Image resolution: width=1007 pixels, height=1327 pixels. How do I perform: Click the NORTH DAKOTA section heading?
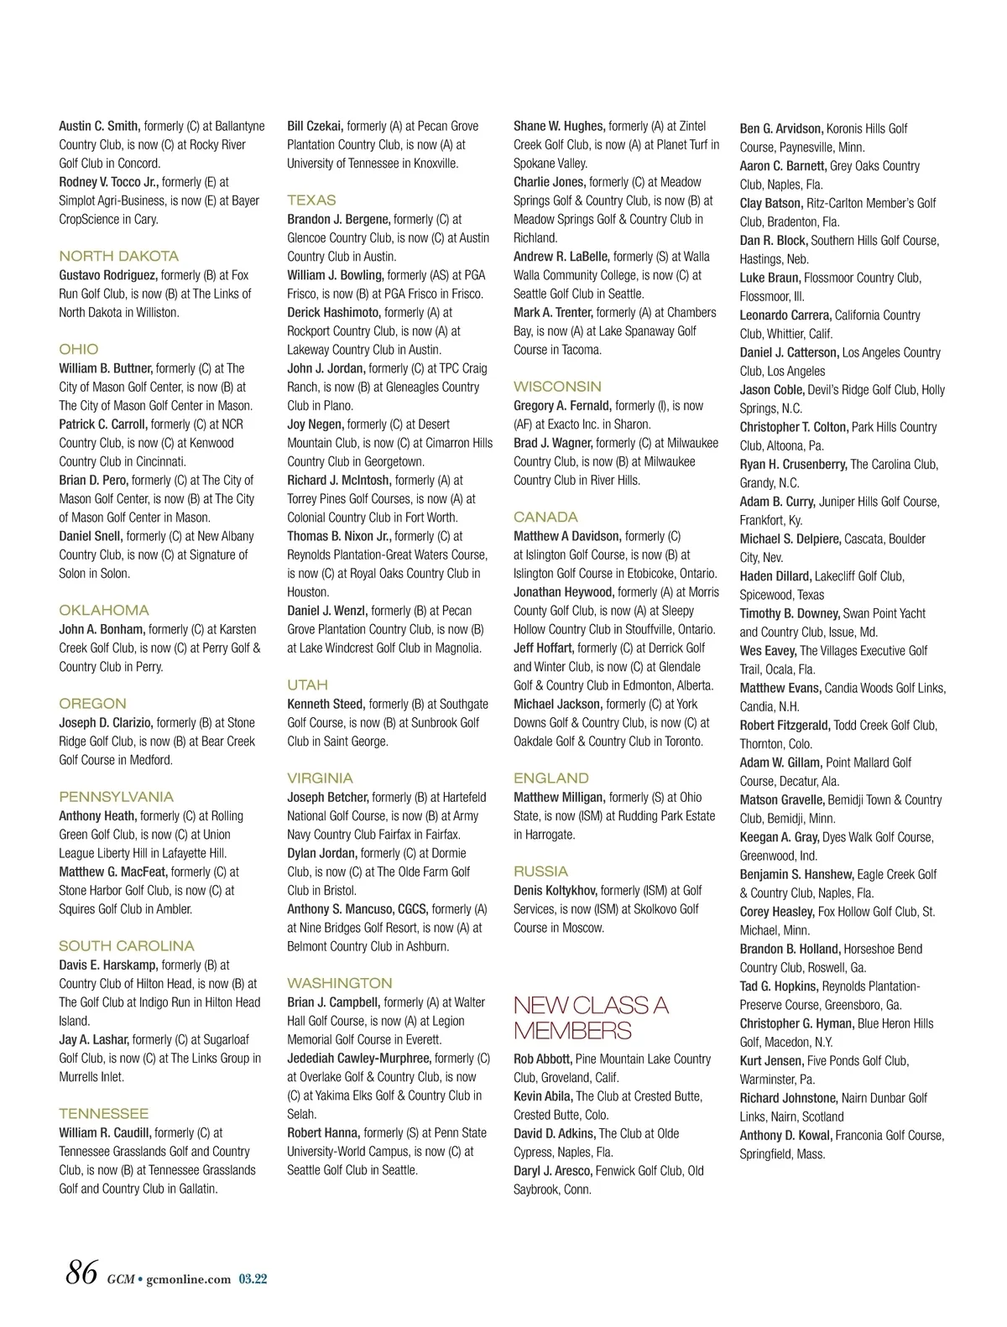click(x=118, y=256)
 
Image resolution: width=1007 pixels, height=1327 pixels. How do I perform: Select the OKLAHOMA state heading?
click(x=103, y=610)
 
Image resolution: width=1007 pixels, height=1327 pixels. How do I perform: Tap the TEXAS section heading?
click(x=311, y=200)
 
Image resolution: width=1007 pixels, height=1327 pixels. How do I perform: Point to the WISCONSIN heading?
click(x=557, y=386)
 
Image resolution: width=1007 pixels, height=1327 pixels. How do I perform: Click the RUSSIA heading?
click(x=540, y=871)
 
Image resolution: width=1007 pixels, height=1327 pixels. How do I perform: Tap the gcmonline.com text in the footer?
click(x=188, y=1279)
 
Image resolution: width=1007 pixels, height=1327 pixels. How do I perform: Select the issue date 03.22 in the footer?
click(x=253, y=1279)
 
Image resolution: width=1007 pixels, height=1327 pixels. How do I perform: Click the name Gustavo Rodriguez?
click(x=107, y=275)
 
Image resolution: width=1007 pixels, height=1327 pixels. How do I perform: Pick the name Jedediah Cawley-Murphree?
click(x=359, y=1059)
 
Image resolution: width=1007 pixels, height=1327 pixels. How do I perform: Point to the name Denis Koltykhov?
click(x=556, y=890)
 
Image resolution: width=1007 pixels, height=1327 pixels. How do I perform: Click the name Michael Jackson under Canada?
click(x=557, y=704)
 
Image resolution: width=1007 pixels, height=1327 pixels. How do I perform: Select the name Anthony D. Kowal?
click(x=785, y=1136)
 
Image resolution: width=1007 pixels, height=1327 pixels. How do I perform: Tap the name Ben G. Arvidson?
click(x=780, y=129)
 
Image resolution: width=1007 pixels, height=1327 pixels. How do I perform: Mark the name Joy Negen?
click(x=315, y=424)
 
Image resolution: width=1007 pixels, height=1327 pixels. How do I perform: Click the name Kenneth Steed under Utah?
click(x=326, y=704)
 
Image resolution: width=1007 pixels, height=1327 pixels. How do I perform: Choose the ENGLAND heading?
click(x=551, y=778)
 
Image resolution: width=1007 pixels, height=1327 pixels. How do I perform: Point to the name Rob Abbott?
click(x=542, y=1059)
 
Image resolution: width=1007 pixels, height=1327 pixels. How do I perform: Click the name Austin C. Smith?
click(x=99, y=126)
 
